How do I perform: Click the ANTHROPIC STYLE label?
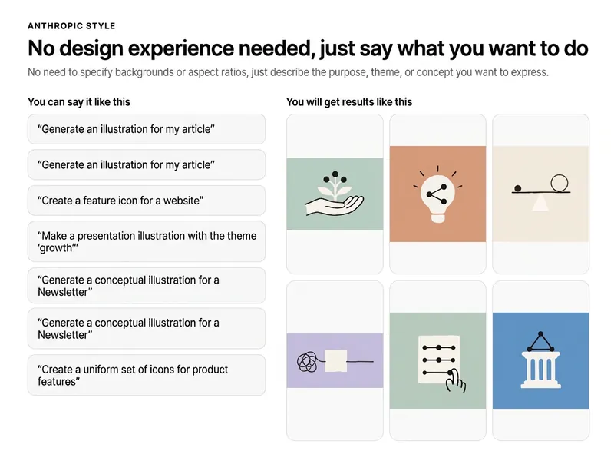click(x=71, y=26)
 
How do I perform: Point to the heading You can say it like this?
click(x=79, y=102)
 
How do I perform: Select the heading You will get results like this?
click(x=349, y=102)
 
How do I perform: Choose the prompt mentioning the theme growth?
click(x=146, y=241)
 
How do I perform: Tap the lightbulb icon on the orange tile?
click(x=437, y=195)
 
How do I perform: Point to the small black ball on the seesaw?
click(x=517, y=188)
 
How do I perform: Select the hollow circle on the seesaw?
click(x=560, y=184)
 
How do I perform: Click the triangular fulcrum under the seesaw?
click(x=540, y=202)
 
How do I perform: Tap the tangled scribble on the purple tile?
click(x=308, y=362)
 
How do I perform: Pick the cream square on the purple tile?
click(x=335, y=360)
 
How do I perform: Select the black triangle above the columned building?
click(x=541, y=342)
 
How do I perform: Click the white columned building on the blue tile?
click(x=541, y=370)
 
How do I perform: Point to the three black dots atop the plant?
click(x=335, y=177)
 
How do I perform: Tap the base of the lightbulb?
click(x=437, y=217)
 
